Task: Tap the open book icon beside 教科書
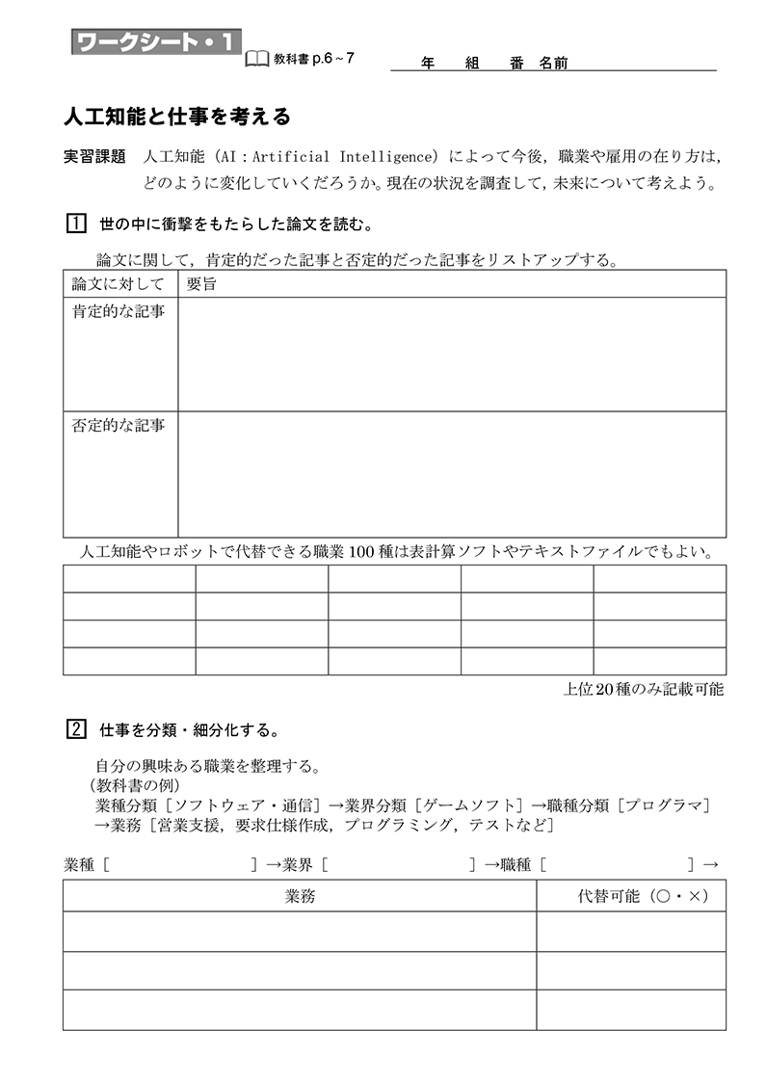(x=257, y=59)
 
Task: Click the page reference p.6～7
(x=333, y=59)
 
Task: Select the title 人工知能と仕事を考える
(x=176, y=118)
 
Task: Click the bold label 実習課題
(x=94, y=156)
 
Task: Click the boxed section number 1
(x=76, y=224)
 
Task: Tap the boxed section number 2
(x=76, y=729)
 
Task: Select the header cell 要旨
(x=201, y=284)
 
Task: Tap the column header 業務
(x=300, y=896)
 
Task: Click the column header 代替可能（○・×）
(x=630, y=896)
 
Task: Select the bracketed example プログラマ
(x=664, y=805)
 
